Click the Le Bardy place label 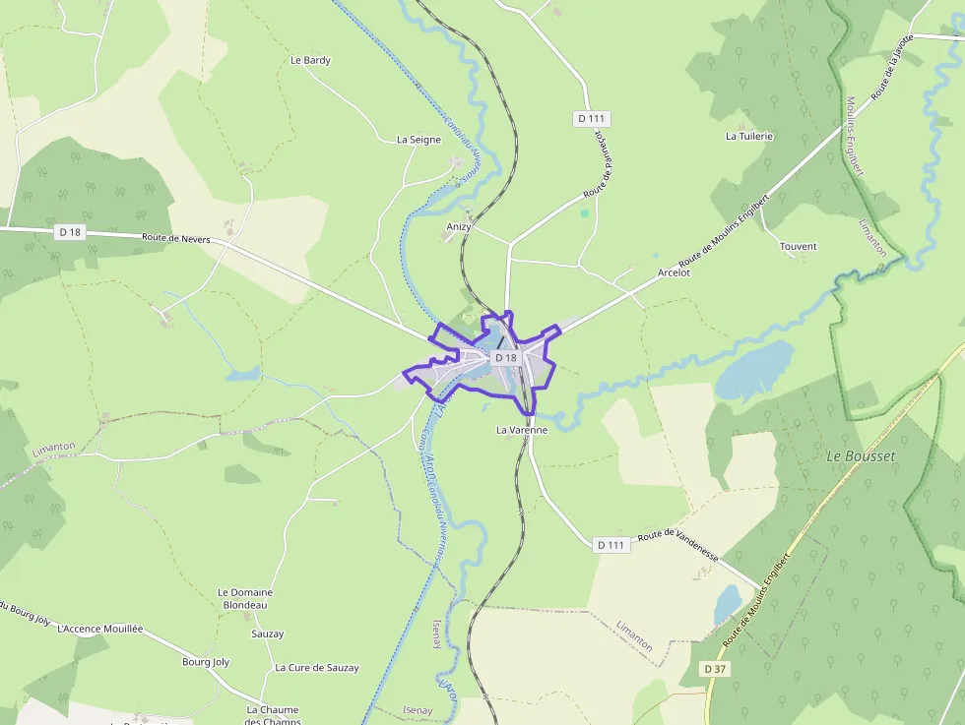tap(310, 60)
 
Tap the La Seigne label tap(418, 140)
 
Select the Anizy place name tap(459, 226)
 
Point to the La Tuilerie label tap(749, 136)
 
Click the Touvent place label tap(798, 246)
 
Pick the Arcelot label tap(675, 272)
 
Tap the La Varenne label tap(521, 430)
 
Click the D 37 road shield tap(716, 668)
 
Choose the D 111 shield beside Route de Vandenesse tap(611, 544)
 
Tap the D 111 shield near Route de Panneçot tap(592, 119)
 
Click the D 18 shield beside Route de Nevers tap(69, 232)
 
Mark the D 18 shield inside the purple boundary tap(505, 358)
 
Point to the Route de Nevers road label tap(175, 237)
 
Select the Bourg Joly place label tap(206, 662)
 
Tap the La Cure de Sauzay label tap(317, 668)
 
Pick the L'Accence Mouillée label tap(100, 628)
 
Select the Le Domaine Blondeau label tap(244, 598)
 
